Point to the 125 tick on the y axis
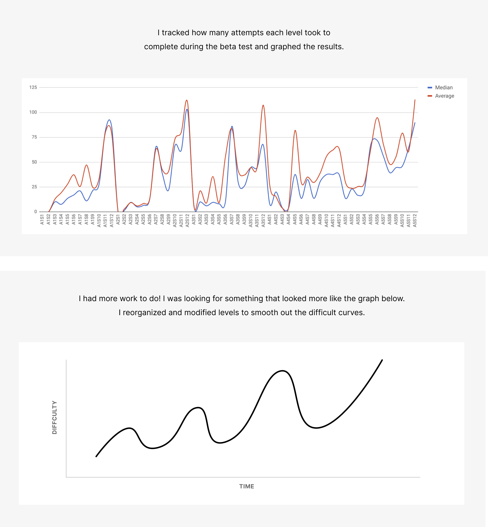pyautogui.click(x=33, y=87)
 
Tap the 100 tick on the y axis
pyautogui.click(x=33, y=112)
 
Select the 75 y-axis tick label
pyautogui.click(x=34, y=137)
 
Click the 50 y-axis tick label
pyautogui.click(x=34, y=162)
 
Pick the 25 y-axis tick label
pyautogui.click(x=34, y=187)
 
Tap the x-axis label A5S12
pyautogui.click(x=415, y=221)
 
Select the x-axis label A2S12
pyautogui.click(x=187, y=221)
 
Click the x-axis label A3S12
pyautogui.click(x=263, y=221)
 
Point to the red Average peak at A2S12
pyautogui.click(x=187, y=100)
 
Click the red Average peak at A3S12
pyautogui.click(x=263, y=105)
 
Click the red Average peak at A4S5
pyautogui.click(x=295, y=131)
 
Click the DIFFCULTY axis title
pyautogui.click(x=54, y=417)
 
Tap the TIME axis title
pyautogui.click(x=247, y=486)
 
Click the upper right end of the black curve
pyautogui.click(x=382, y=360)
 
